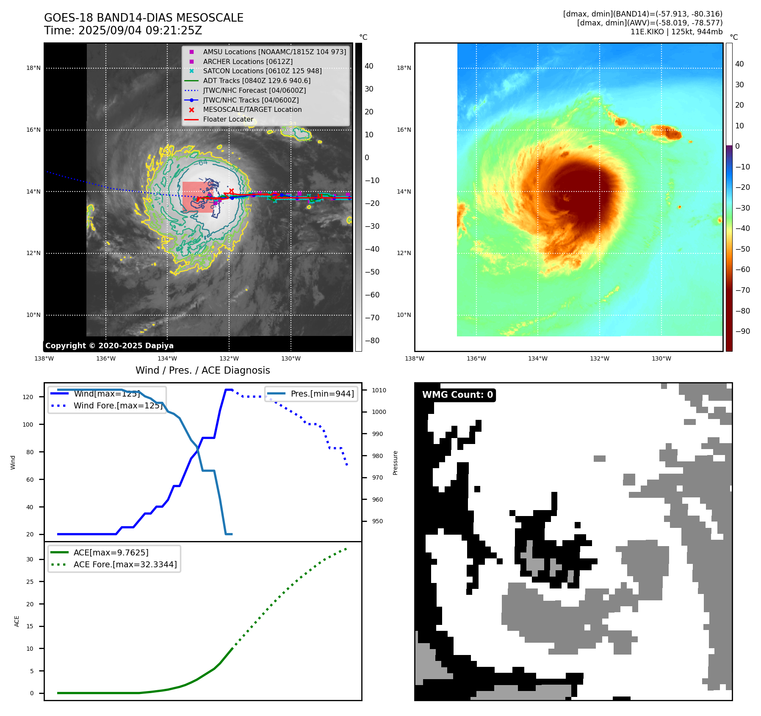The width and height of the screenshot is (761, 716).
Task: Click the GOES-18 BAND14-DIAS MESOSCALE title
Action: pos(144,18)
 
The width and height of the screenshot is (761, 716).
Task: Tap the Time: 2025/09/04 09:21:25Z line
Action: pos(123,31)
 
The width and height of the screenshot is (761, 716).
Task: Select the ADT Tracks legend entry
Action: pos(257,80)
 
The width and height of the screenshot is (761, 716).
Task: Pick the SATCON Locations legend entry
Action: pos(262,71)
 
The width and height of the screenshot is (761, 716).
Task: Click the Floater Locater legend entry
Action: pos(228,119)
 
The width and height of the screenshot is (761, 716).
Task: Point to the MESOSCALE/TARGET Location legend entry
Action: pos(252,109)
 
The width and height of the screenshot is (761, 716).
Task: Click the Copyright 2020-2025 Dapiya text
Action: pos(109,346)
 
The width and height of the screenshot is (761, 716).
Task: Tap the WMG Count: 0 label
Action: pos(457,395)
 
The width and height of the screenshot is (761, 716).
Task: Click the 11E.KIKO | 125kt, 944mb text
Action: pos(676,32)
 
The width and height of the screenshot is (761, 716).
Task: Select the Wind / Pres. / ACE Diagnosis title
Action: pos(202,370)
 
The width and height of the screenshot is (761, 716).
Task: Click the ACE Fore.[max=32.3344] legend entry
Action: pos(125,564)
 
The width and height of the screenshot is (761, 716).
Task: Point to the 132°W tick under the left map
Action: pos(229,358)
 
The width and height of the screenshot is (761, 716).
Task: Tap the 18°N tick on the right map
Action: pos(404,68)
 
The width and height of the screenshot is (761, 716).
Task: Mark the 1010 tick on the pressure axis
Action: pos(379,390)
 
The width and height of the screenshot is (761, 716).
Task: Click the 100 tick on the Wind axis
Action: pos(28,425)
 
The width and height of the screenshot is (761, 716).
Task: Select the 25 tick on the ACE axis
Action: pos(30,582)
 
